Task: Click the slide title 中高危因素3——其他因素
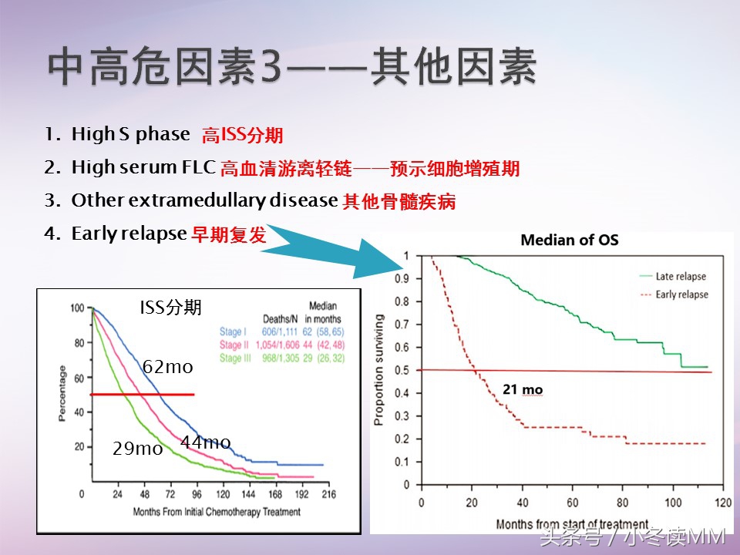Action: pyautogui.click(x=293, y=69)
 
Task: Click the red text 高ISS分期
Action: pyautogui.click(x=242, y=136)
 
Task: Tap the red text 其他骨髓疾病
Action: pyautogui.click(x=399, y=202)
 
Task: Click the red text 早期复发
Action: pyautogui.click(x=228, y=235)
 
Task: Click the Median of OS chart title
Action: pyautogui.click(x=569, y=240)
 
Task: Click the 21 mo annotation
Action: pyautogui.click(x=523, y=390)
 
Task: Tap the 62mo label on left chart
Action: pyautogui.click(x=167, y=368)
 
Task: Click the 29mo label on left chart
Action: pyautogui.click(x=137, y=449)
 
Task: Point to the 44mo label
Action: pyautogui.click(x=205, y=442)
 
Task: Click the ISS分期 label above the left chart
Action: pyautogui.click(x=170, y=308)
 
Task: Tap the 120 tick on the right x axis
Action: pyautogui.click(x=722, y=503)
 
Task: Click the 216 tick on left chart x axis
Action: pyautogui.click(x=327, y=495)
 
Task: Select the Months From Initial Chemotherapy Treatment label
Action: pyautogui.click(x=217, y=512)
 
